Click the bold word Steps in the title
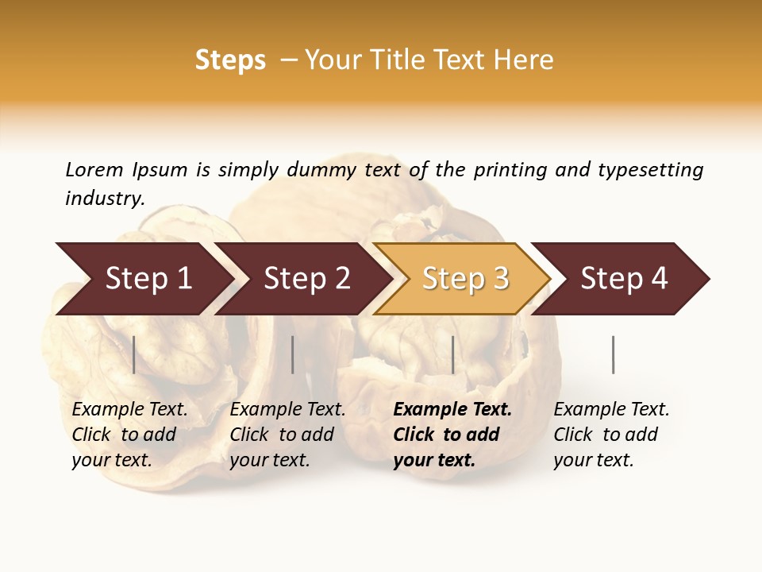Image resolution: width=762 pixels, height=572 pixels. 230,60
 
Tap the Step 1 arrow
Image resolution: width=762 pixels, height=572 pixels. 148,279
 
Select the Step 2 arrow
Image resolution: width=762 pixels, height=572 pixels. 306,279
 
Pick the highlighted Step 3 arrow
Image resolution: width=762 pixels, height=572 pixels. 465,279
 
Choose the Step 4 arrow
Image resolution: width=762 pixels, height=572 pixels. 624,279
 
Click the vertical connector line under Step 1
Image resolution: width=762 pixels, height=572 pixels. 133,354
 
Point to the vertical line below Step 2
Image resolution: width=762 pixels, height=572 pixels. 293,354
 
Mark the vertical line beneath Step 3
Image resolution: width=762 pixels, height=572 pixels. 452,354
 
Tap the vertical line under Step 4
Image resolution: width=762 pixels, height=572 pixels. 613,354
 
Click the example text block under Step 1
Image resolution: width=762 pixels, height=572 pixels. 129,435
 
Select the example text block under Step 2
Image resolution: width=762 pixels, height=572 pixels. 287,435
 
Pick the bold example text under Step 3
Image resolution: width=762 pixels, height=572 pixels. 452,435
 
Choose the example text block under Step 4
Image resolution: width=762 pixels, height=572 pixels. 611,435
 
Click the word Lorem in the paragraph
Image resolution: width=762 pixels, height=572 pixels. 94,169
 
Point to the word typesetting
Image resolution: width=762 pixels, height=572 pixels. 650,169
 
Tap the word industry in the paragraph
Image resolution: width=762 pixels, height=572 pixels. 105,198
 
